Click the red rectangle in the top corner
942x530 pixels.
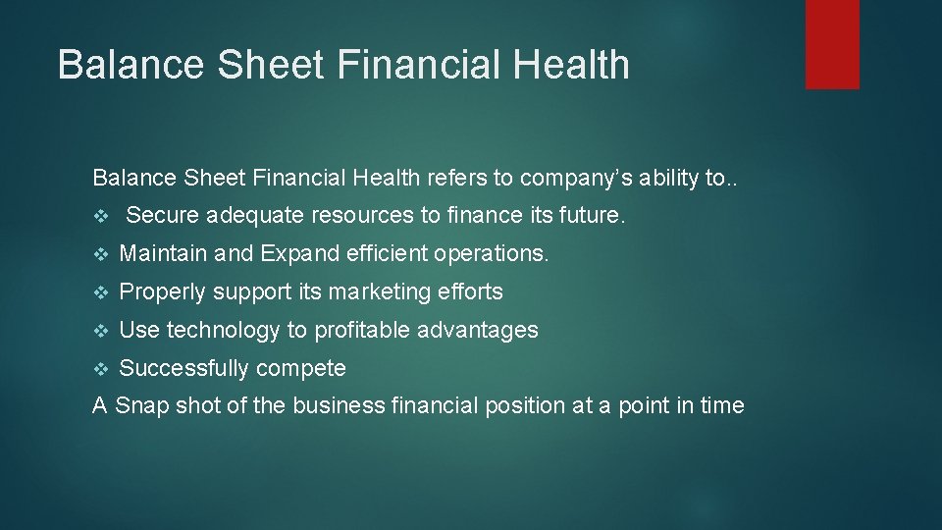(832, 44)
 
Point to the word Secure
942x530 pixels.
(163, 215)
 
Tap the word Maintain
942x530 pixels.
(163, 253)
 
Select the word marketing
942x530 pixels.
(375, 291)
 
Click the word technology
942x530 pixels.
(224, 330)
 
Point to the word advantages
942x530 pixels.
(478, 330)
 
